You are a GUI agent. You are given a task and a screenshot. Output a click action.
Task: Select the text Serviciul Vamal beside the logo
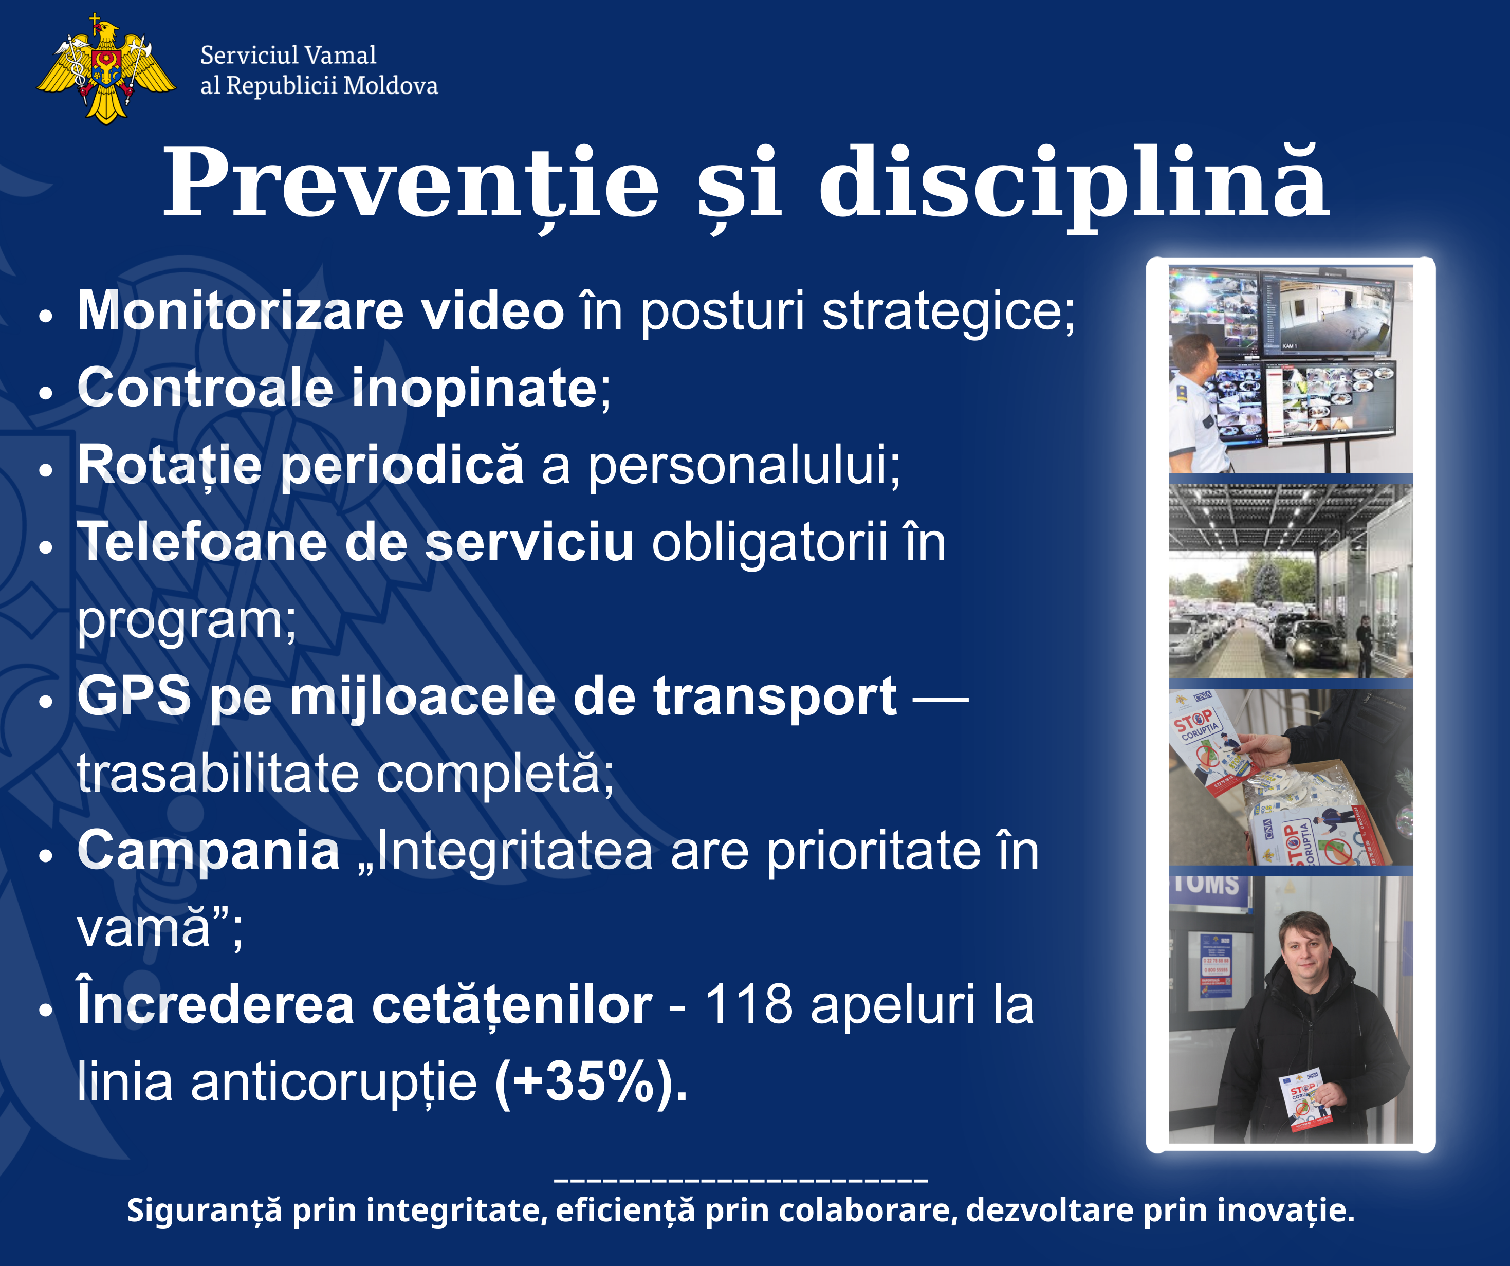(x=288, y=54)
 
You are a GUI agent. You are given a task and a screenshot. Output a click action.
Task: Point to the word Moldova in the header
(x=391, y=86)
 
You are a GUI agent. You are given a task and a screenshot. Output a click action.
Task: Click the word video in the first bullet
(x=492, y=311)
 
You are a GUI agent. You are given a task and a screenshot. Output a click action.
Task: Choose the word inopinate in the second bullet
(x=474, y=389)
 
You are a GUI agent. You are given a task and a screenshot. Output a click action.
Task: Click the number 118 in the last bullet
(x=748, y=1004)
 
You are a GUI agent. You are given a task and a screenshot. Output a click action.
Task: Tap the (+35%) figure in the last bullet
(x=591, y=1081)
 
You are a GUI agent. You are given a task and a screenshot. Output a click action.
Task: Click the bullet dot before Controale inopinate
(x=46, y=393)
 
